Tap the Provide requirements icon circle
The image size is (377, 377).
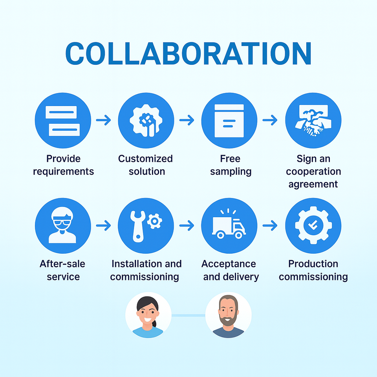63,120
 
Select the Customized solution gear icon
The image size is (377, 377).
146,120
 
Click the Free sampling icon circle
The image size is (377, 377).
229,120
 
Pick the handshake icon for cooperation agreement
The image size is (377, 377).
313,120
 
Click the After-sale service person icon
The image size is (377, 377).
63,225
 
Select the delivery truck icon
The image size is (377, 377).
228,227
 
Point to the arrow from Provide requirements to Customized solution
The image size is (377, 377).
104,120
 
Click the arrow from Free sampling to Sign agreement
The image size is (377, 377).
270,120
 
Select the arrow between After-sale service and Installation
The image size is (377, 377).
104,225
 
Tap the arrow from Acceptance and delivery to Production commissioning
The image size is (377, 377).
270,225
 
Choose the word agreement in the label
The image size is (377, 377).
313,184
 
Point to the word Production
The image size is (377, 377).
313,264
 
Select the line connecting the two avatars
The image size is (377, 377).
188,315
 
